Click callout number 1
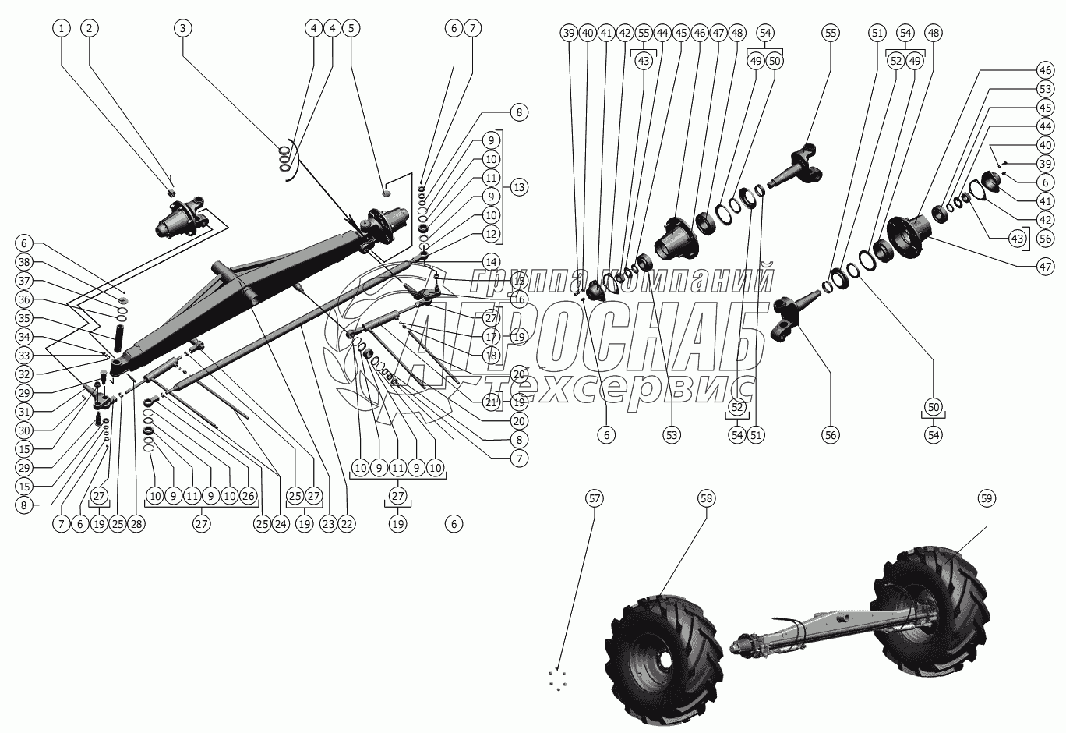tap(62, 28)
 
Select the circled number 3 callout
tap(182, 28)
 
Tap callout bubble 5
tap(351, 28)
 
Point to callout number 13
tap(519, 187)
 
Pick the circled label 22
tap(347, 524)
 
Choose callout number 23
tap(328, 524)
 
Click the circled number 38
tap(24, 262)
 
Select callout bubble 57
tap(595, 498)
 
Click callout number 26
tap(248, 494)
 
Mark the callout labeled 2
tap(90, 28)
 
